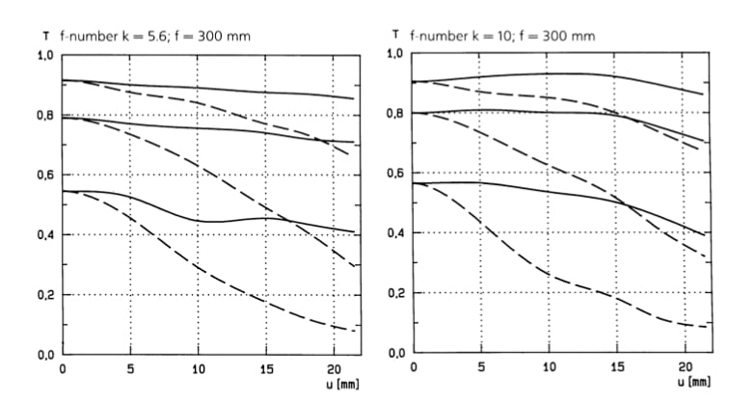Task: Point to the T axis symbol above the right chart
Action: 394,35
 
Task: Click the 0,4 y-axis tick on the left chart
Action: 45,235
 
